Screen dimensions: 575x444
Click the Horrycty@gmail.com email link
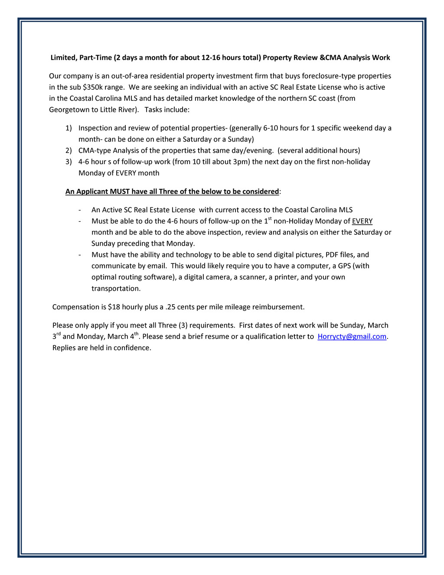pos(352,337)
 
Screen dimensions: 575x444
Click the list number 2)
pos(69,151)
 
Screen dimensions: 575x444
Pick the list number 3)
pos(69,162)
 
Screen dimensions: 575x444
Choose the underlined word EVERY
pos(362,221)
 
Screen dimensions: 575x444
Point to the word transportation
pos(116,289)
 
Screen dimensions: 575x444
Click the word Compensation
pos(76,307)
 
